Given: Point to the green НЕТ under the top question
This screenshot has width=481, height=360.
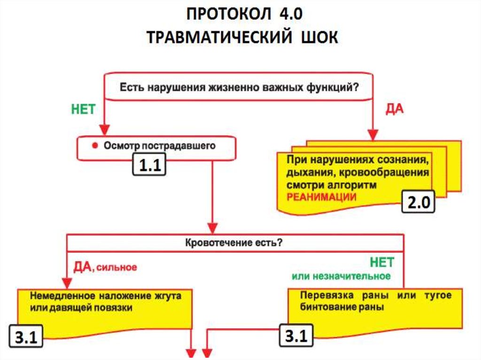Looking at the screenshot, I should point(83,109).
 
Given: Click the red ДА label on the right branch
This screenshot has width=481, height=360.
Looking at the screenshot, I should point(395,109).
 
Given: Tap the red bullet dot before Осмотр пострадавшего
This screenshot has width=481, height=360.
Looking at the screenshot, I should point(94,146).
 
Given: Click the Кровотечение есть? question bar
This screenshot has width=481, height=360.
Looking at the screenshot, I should point(235,243).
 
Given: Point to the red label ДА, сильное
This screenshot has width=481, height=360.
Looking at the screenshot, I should point(105,267).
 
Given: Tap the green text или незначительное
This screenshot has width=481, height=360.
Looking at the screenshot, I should point(341,276).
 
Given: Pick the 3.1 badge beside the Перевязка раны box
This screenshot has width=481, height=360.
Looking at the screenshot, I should point(296,337).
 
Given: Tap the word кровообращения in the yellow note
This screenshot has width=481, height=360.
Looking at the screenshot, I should point(390,172).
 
